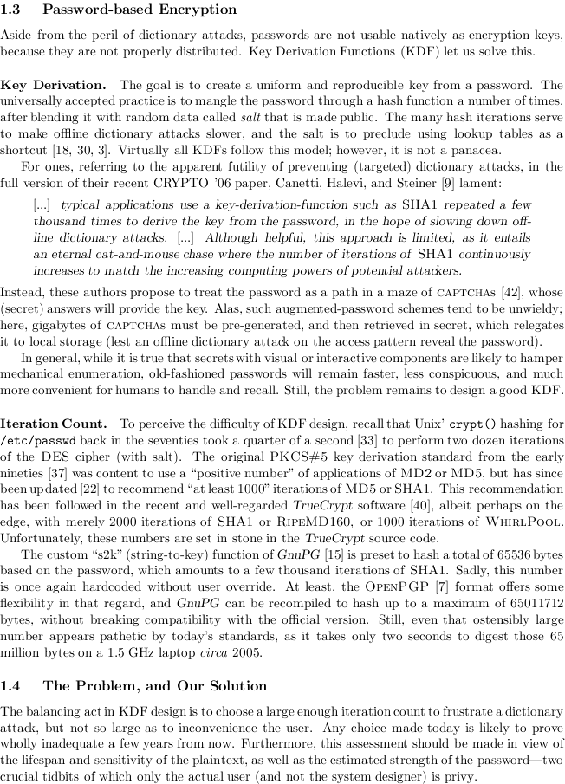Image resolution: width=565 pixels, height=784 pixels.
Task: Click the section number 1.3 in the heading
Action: (12, 10)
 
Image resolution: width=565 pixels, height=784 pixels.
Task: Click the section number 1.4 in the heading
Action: (12, 685)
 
